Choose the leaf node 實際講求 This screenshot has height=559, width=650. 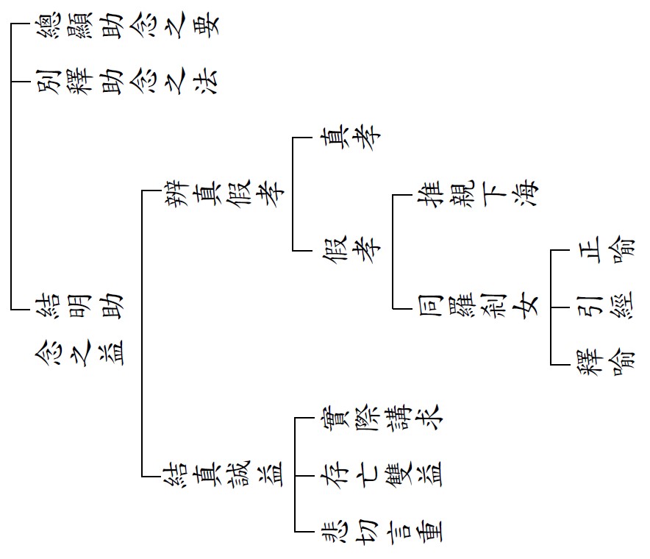point(379,418)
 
